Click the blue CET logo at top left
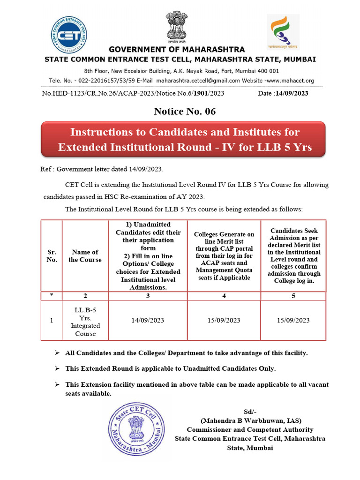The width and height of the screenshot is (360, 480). pos(69,33)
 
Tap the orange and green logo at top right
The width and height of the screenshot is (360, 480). pos(282,31)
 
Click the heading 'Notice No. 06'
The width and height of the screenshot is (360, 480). pos(185,111)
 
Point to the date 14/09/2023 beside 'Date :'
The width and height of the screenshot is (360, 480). pos(292,93)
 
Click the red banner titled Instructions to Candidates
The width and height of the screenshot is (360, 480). pos(185,139)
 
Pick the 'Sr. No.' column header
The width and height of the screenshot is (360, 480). pos(52,256)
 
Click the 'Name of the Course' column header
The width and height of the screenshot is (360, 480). pos(85,256)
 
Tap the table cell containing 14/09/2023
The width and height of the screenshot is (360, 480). pos(148,320)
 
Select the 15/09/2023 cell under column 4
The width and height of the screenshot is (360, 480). pos(224,320)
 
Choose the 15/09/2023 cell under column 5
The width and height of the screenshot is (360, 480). pos(293,320)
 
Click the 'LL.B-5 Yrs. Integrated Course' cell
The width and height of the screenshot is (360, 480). pos(85,322)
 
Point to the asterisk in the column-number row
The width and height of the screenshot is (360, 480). pos(52,296)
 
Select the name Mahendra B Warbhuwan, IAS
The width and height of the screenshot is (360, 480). pos(251,420)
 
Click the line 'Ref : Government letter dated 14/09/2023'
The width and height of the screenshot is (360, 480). pos(102,169)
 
